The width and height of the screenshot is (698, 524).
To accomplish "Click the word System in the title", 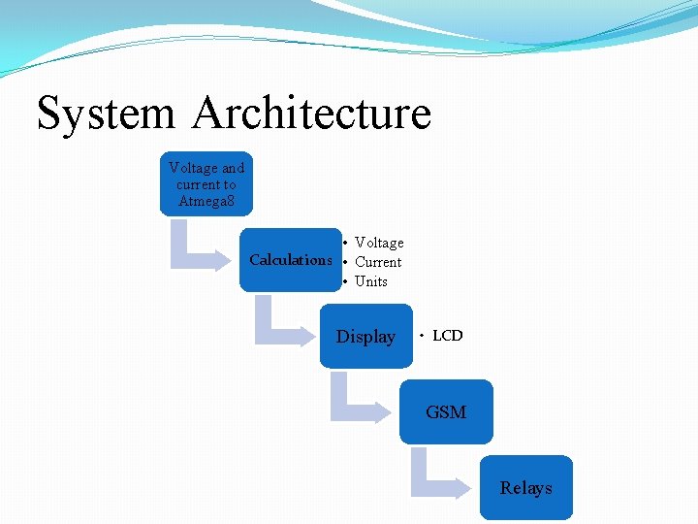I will coord(106,113).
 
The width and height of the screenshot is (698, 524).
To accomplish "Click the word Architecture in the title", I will coord(311,113).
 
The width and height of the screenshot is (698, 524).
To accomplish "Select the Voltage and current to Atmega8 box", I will coord(206,183).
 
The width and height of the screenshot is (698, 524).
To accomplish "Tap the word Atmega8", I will coord(206,202).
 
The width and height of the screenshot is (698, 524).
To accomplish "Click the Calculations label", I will coord(290,260).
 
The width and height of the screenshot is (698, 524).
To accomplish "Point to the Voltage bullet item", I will coord(379,243).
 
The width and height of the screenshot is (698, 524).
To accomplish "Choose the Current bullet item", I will coord(378,262).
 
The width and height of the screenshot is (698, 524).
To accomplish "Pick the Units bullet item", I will coord(371,281).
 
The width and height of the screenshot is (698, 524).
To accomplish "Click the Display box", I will coord(365,337).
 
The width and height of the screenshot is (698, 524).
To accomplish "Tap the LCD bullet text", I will coord(448,336).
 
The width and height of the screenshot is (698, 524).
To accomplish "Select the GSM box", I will coord(446,412).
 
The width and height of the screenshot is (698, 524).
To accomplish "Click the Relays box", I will coord(525,488).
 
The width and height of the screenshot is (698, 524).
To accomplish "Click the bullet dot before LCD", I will coord(421,336).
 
